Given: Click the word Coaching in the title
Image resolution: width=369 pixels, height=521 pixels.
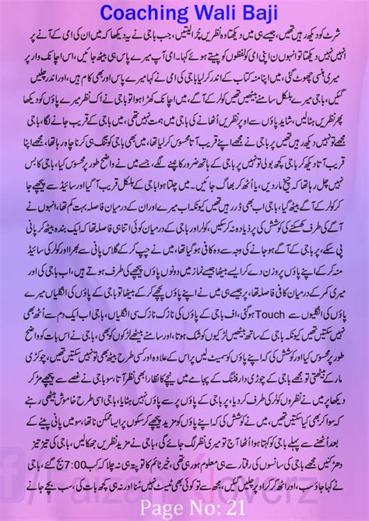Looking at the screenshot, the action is point(139,12).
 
